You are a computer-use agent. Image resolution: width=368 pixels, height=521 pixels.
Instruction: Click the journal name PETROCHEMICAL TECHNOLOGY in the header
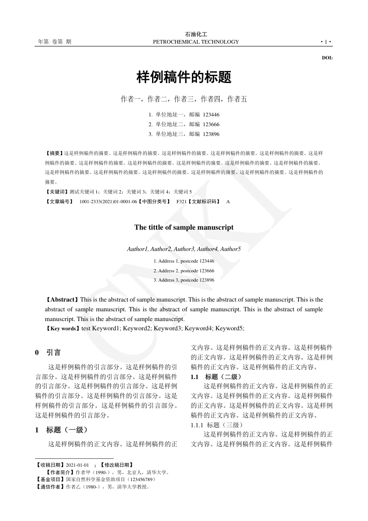[196, 42]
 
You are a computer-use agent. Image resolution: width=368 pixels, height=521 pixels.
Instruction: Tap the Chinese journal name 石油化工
[196, 34]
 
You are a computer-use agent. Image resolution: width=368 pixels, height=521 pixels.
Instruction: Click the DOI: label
[327, 58]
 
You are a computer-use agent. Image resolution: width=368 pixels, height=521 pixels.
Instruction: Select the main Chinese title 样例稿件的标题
[184, 77]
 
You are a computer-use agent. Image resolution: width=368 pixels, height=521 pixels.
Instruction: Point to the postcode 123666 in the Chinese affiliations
[211, 124]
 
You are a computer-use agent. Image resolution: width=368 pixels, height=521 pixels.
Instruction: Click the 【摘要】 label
[54, 153]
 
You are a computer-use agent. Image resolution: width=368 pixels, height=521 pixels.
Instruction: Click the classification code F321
[182, 202]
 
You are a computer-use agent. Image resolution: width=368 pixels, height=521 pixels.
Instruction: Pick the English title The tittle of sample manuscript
[184, 227]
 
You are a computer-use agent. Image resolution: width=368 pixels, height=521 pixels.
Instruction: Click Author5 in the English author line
[230, 249]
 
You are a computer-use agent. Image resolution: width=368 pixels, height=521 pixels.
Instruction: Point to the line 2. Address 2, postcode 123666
[184, 270]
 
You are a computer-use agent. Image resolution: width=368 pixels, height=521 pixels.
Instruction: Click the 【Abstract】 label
[63, 300]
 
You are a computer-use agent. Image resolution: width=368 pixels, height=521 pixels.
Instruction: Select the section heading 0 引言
[48, 353]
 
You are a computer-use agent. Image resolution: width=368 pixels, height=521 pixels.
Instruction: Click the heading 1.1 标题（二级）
[216, 377]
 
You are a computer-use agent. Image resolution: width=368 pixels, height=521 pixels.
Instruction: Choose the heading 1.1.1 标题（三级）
[217, 425]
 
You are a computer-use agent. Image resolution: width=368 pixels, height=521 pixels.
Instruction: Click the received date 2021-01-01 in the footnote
[77, 465]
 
